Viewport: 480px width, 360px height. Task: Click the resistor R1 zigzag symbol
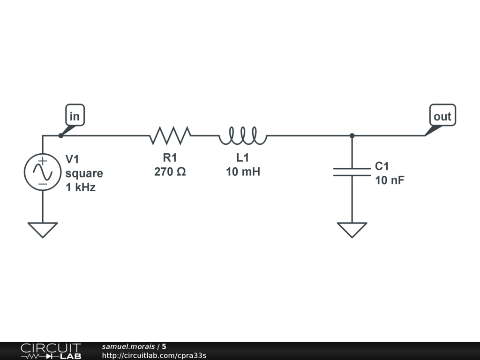[x=170, y=135]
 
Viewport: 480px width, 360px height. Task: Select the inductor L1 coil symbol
[x=242, y=135]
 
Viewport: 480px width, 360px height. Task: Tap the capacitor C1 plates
[x=352, y=172]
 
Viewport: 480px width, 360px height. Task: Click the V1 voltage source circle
[x=43, y=172]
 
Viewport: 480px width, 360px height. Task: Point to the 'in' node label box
[x=75, y=115]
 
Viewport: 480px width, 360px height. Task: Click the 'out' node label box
[x=442, y=115]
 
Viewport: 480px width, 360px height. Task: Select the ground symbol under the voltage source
[x=43, y=230]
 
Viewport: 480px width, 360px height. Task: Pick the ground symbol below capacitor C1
[x=352, y=230]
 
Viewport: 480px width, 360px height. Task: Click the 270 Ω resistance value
[x=170, y=172]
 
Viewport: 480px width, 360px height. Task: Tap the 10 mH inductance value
[x=243, y=172]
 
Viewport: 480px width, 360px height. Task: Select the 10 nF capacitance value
[x=390, y=180]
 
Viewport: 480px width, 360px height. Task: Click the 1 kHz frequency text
[x=81, y=187]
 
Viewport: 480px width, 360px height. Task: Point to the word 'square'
[x=84, y=173]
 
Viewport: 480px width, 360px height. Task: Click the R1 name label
[x=170, y=158]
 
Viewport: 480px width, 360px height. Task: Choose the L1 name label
[x=242, y=158]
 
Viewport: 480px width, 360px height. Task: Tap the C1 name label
[x=382, y=166]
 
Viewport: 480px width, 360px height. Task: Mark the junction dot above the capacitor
[x=352, y=135]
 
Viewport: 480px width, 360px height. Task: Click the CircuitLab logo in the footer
[x=50, y=351]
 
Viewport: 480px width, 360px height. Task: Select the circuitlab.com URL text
[x=154, y=355]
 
